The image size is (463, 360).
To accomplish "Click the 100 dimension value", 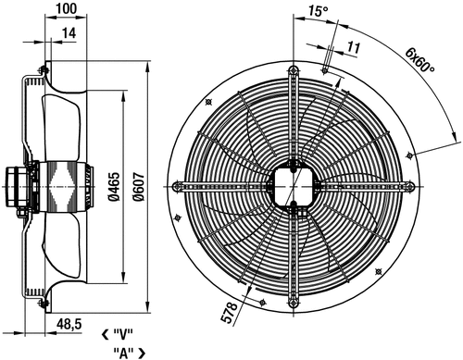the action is coord(67,8).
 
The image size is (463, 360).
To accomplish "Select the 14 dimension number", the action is coord(69,33).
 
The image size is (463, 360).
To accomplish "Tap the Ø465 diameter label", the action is coord(114,187).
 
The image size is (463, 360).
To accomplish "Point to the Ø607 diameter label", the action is coord(139,187).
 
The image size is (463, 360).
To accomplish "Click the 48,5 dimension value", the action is coord(69,324).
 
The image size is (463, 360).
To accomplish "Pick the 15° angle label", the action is coord(319,11).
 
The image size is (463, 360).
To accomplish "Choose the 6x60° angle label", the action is coord(419,59).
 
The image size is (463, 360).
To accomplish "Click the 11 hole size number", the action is coord(354,47).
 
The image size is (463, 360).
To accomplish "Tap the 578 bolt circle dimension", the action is coord(231,312).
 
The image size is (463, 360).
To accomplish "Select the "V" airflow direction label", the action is coord(123,334).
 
